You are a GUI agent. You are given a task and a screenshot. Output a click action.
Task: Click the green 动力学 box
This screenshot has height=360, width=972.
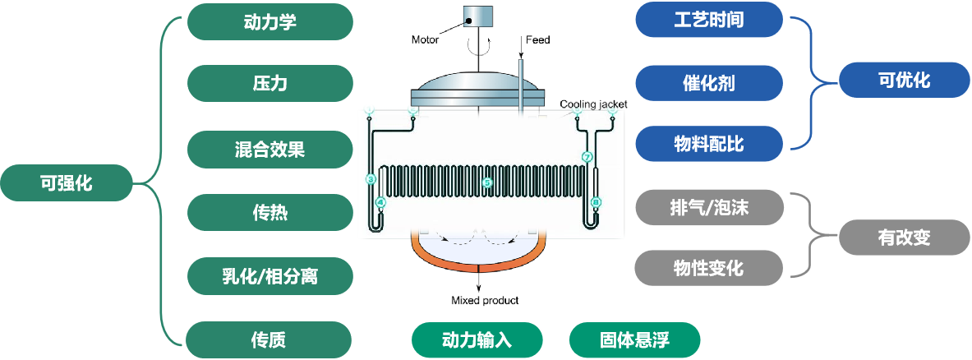pyautogui.click(x=269, y=22)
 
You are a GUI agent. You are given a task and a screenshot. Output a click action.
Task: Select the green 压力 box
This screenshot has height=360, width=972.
pyautogui.click(x=269, y=84)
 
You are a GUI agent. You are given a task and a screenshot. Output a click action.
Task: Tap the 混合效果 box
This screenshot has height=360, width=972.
pyautogui.click(x=269, y=150)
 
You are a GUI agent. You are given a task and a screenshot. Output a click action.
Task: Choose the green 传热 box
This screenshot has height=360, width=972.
pyautogui.click(x=269, y=213)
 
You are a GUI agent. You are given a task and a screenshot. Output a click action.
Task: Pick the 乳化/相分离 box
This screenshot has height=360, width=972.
pyautogui.click(x=269, y=276)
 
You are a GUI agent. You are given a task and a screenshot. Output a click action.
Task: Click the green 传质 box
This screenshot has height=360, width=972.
pyautogui.click(x=269, y=339)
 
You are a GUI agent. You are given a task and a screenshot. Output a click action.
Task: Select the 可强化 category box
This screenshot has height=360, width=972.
pyautogui.click(x=66, y=182)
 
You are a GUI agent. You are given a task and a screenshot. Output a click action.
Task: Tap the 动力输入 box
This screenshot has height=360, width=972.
pyautogui.click(x=477, y=339)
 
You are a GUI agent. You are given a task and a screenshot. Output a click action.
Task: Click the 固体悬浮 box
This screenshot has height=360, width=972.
pyautogui.click(x=634, y=339)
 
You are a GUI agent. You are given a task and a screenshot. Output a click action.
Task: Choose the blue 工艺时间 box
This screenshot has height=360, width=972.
pyautogui.click(x=709, y=20)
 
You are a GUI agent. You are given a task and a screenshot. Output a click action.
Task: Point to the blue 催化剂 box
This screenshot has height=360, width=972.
pyautogui.click(x=709, y=83)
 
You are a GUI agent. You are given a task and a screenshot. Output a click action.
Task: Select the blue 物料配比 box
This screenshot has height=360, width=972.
pyautogui.click(x=709, y=145)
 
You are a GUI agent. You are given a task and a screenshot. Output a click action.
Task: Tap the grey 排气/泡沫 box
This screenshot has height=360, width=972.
pyautogui.click(x=709, y=206)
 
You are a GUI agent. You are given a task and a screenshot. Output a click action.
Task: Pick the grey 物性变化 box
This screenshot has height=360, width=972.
pyautogui.click(x=709, y=269)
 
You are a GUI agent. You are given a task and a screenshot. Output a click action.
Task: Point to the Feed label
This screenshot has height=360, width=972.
pyautogui.click(x=537, y=39)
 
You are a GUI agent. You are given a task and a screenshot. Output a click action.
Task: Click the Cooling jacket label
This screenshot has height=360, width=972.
pyautogui.click(x=593, y=104)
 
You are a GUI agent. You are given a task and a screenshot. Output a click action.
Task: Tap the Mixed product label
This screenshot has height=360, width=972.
pyautogui.click(x=485, y=301)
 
